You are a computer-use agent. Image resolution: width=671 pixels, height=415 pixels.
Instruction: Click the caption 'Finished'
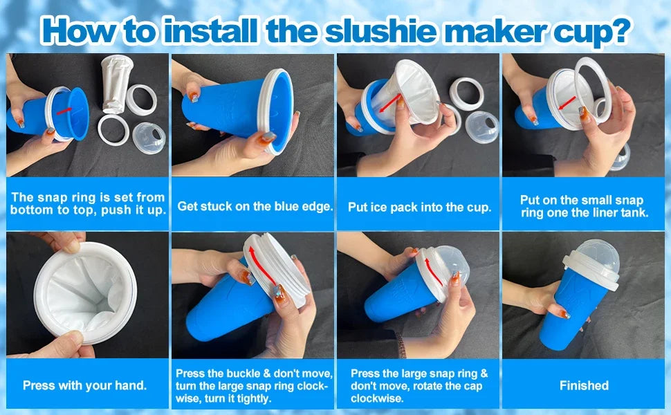[584, 386]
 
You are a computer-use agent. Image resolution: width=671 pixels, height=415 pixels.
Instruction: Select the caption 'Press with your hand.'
[84, 386]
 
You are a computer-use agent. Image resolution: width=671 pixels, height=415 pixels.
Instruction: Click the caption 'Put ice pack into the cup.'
[419, 207]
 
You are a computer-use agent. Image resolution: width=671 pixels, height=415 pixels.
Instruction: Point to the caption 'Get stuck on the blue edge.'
[255, 206]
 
